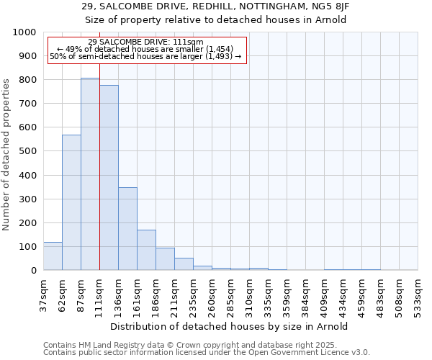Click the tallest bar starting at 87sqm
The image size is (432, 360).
click(x=90, y=174)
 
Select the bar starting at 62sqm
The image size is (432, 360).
click(x=71, y=202)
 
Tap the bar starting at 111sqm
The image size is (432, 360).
click(x=109, y=178)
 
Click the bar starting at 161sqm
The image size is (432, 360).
click(x=146, y=250)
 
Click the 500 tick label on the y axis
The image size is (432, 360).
click(x=27, y=151)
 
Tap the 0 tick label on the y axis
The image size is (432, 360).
click(x=34, y=271)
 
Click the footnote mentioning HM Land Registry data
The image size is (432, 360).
click(x=206, y=345)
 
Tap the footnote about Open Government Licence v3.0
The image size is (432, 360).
click(x=206, y=353)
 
